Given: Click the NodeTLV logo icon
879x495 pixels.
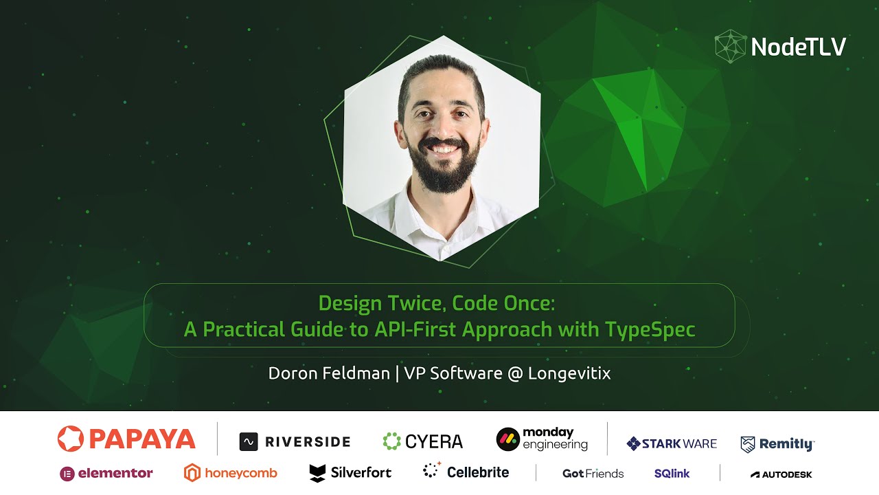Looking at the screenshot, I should pos(730,46).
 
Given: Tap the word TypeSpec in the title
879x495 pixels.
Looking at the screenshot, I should pos(650,329).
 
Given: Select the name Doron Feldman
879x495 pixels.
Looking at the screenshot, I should pos(330,373).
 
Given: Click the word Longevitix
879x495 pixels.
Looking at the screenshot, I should pos(569,373).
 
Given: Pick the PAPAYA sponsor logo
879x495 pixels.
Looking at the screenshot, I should pos(126,439).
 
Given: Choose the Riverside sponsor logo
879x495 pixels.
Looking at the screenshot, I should pos(295,441).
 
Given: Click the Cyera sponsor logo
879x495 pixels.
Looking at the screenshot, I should pos(422,441).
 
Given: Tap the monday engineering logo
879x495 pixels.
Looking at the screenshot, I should pos(543,439).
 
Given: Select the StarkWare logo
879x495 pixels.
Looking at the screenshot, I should pos(672,443).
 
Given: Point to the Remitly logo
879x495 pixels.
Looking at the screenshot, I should pos(777,443).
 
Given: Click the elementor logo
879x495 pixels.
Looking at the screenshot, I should pos(106,473).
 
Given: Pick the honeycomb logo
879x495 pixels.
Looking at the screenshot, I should pos(231,473).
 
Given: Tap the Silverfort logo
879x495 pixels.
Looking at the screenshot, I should pos(350,472).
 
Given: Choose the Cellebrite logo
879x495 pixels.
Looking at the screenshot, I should pos(466,472).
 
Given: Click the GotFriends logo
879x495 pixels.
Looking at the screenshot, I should pos(593,473).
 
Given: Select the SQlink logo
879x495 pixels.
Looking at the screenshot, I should pos(672,473).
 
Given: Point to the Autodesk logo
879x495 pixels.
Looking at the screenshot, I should pos(781,474).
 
